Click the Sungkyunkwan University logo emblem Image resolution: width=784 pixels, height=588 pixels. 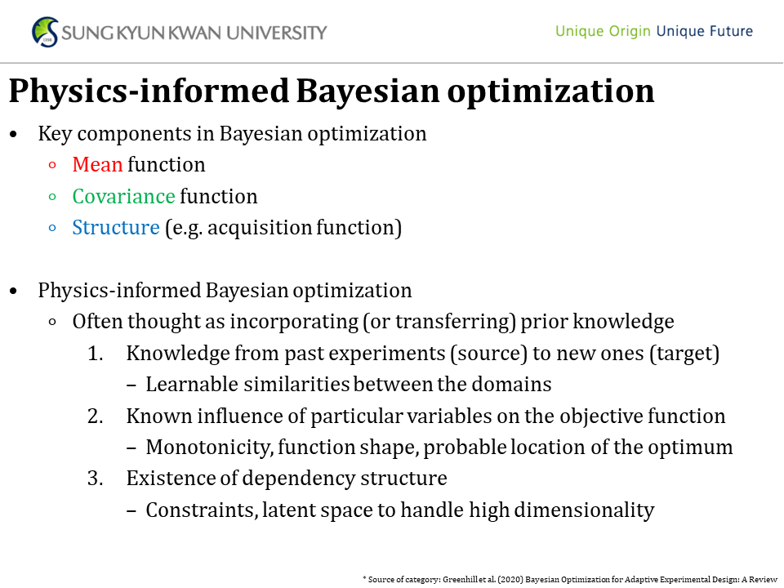pos(45,32)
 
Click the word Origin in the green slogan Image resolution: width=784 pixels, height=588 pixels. pos(630,32)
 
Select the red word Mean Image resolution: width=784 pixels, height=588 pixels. pos(97,164)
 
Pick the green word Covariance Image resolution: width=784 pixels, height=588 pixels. pos(123,196)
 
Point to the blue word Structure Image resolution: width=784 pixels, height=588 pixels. pos(116,227)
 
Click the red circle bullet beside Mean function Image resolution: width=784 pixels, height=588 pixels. pos(52,165)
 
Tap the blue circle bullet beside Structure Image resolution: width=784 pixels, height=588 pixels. pos(52,228)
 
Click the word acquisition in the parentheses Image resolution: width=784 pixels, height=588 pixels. pos(259,228)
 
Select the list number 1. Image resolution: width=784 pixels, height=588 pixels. pos(95,353)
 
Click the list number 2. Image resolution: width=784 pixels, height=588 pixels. pos(95,416)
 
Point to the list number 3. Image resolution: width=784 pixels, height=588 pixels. pos(95,478)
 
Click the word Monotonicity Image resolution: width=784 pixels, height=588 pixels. pos(210,447)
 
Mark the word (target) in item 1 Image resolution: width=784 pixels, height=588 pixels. pos(684,354)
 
